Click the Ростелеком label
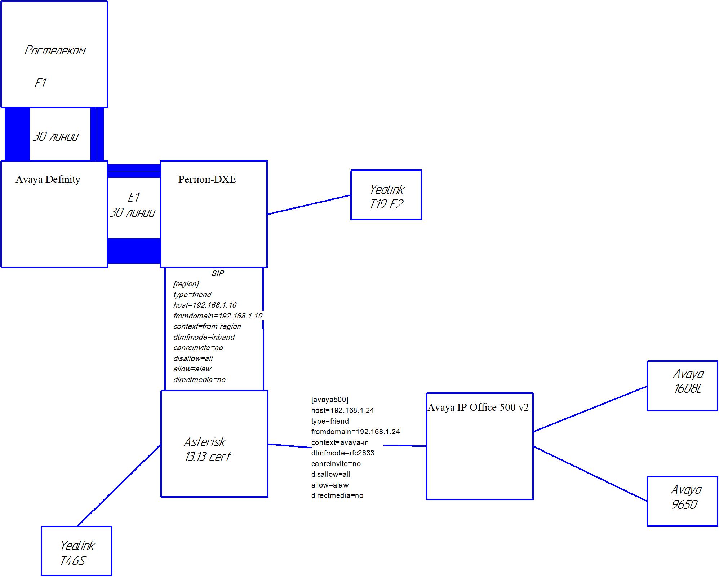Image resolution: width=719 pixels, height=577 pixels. point(55,50)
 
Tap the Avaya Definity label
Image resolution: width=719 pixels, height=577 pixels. point(48,180)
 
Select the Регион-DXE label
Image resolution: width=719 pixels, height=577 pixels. point(207,180)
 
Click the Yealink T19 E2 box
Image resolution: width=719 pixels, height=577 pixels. point(386,195)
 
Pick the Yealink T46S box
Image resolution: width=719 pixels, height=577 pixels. point(76,551)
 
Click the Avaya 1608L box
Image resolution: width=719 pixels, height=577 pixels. point(682,386)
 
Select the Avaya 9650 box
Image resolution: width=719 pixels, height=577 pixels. point(682,501)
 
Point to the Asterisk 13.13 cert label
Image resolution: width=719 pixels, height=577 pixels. point(207,449)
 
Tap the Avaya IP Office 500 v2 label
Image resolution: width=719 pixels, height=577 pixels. point(478,408)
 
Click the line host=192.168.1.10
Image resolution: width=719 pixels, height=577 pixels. point(205,305)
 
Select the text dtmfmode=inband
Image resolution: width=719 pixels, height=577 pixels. point(204,337)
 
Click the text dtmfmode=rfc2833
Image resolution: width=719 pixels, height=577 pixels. point(343,453)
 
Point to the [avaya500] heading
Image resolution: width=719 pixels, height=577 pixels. point(330,400)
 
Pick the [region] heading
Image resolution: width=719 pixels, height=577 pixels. point(186,284)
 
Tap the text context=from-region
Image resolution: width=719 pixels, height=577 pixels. point(207,326)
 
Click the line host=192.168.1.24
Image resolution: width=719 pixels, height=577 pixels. point(343,410)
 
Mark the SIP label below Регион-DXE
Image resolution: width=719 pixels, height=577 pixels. point(218,273)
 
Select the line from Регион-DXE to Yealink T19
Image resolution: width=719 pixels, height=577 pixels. point(309,205)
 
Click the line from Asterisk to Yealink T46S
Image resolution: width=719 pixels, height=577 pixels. point(119,485)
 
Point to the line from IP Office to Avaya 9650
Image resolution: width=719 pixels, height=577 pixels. point(590,474)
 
